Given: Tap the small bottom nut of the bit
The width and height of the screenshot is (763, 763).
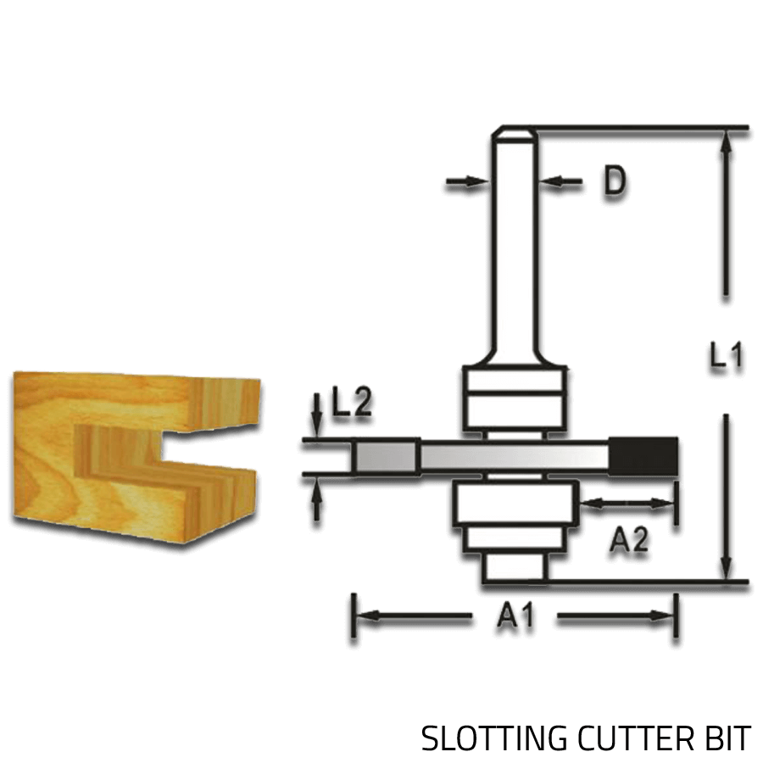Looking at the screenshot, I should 514,567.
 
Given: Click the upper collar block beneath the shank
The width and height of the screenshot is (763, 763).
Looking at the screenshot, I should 514,397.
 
